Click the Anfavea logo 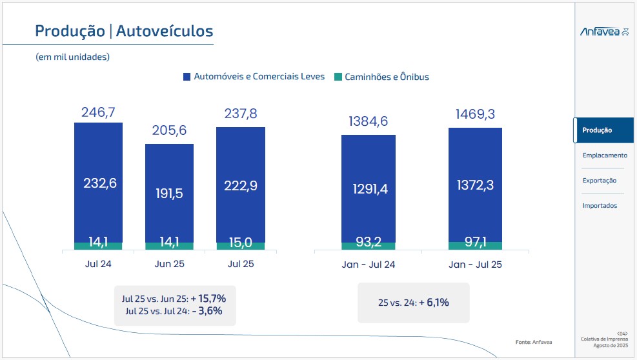[x=604, y=32]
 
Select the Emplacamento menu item [x=604, y=155]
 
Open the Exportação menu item [x=599, y=181]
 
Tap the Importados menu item [x=600, y=206]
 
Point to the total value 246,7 [x=98, y=113]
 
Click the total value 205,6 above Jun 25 [x=169, y=131]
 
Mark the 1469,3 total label [x=475, y=115]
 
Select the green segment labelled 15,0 [x=240, y=244]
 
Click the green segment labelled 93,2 [x=368, y=244]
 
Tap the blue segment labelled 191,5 [x=169, y=194]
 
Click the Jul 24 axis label [x=98, y=264]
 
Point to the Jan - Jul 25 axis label [x=475, y=265]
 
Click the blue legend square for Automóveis [x=187, y=77]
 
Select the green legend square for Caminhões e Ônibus [x=338, y=77]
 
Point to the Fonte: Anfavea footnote [x=534, y=341]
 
